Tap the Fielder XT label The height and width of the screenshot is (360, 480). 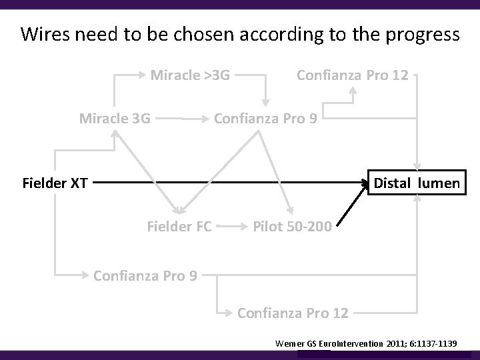(x=55, y=183)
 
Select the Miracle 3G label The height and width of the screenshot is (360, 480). (x=115, y=119)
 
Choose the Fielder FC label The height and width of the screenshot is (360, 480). (x=179, y=227)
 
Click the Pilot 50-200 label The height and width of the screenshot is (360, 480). (x=292, y=227)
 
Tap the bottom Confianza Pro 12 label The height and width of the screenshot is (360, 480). (x=293, y=311)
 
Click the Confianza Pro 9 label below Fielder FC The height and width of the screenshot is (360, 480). (x=145, y=275)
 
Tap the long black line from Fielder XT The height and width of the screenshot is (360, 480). (x=227, y=181)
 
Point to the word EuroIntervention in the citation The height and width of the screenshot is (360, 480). (x=352, y=343)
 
